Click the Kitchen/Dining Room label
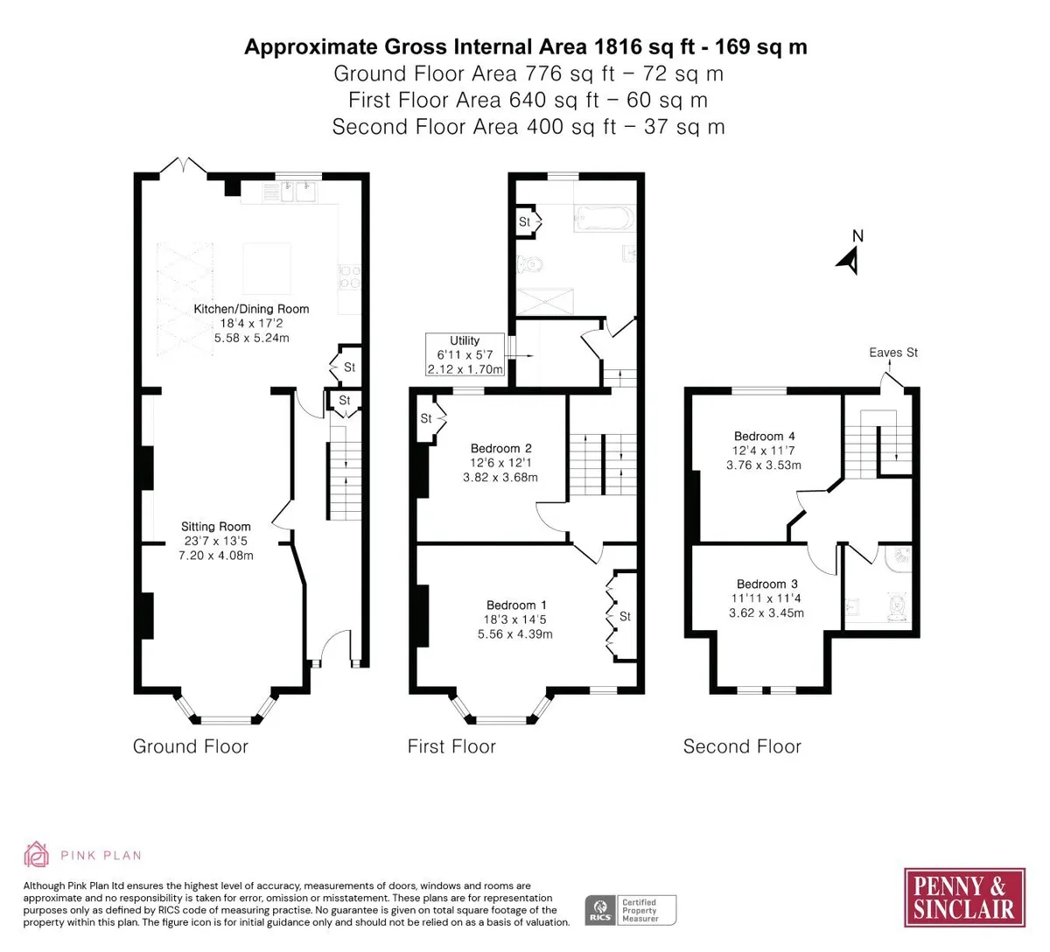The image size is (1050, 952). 251,309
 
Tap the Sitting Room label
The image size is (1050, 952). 215,526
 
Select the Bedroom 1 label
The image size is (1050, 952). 516,605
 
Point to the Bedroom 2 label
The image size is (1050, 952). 500,448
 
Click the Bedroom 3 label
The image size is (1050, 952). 766,584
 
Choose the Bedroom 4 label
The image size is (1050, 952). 764,437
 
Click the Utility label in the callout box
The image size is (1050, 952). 465,340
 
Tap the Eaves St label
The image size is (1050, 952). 893,353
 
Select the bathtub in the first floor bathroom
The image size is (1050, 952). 605,219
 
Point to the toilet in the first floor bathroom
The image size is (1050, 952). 529,264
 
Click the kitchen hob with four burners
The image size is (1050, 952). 350,277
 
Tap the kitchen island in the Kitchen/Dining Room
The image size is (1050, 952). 266,269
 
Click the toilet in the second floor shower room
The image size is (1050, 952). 899,605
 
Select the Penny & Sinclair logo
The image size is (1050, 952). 964,897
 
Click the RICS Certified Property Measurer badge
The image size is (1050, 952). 630,910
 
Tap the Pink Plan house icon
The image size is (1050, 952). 36,854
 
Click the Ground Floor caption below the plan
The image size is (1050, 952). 191,746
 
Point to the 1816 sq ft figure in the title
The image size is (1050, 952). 644,47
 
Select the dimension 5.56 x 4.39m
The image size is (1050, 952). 515,634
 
